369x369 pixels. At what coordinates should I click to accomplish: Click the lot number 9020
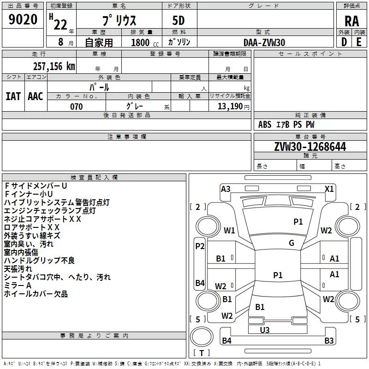click(x=23, y=20)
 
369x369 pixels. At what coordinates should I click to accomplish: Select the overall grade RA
click(x=351, y=21)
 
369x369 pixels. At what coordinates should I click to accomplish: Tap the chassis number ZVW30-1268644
click(x=310, y=147)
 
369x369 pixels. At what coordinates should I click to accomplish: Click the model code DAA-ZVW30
click(x=264, y=42)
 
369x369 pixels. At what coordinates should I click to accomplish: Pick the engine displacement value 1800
click(x=140, y=43)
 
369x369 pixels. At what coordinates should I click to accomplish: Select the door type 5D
click(x=179, y=21)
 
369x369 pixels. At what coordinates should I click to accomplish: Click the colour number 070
click(x=76, y=107)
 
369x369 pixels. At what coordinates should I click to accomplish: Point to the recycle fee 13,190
click(x=230, y=107)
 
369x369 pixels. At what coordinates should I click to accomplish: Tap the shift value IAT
click(x=13, y=96)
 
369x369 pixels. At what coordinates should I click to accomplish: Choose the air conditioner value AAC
click(x=36, y=96)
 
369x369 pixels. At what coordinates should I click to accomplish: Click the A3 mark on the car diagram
click(x=226, y=189)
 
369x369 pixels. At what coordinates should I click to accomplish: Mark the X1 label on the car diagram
click(x=329, y=189)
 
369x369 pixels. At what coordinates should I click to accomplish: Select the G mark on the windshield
click(x=292, y=243)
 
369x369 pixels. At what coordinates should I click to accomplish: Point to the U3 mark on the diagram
click(x=265, y=330)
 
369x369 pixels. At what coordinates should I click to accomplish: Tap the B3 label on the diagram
click(x=329, y=341)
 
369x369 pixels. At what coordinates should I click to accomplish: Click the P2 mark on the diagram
click(x=200, y=246)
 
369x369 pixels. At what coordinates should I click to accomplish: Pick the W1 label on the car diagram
click(x=230, y=231)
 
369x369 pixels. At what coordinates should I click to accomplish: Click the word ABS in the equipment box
click(x=265, y=125)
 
